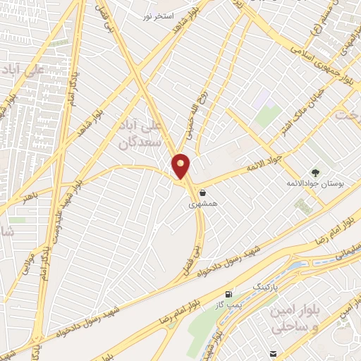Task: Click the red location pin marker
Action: coord(181,166)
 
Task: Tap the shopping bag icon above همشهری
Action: coord(203,193)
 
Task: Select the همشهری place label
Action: coord(202,204)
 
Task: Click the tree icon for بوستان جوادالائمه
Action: coord(315,173)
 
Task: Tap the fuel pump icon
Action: coord(228,294)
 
